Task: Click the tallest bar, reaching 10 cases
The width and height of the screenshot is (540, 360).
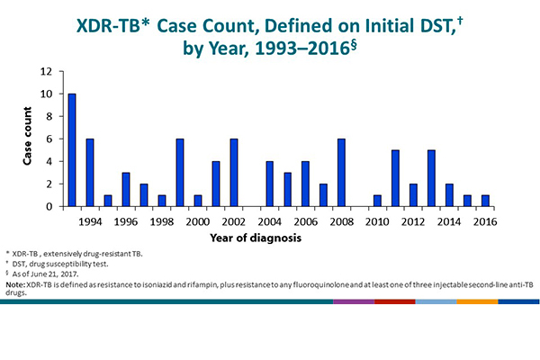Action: [x=72, y=149]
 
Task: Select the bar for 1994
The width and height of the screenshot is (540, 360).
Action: [x=90, y=172]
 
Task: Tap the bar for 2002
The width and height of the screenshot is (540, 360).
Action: [x=234, y=172]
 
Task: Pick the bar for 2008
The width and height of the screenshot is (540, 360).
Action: [x=342, y=172]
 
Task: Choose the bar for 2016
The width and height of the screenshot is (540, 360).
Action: [x=486, y=201]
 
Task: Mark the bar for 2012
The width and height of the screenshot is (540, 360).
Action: [x=414, y=194]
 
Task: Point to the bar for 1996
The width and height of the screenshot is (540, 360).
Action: [x=126, y=189]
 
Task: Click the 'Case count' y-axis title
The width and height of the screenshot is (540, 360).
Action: [x=29, y=138]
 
